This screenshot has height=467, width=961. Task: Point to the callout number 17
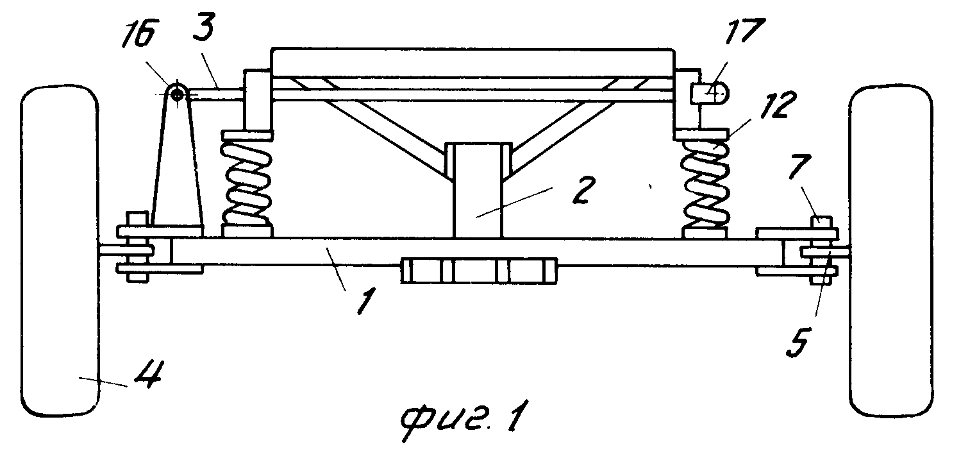click(745, 30)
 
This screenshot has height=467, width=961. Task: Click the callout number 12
click(778, 105)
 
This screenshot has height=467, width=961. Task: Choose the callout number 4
click(147, 374)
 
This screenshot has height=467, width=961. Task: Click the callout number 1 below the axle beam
click(366, 300)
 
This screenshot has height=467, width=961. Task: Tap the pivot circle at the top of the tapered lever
click(177, 92)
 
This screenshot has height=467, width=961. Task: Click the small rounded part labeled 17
click(709, 93)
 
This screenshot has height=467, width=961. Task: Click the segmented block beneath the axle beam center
click(479, 271)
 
